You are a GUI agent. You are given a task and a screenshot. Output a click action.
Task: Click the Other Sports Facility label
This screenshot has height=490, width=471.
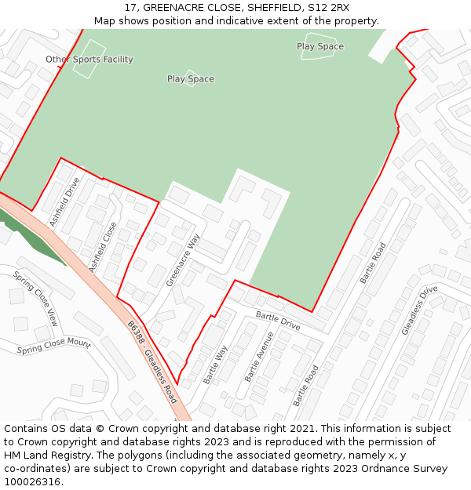89,60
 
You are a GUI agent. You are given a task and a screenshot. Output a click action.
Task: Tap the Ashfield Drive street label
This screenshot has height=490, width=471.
65,202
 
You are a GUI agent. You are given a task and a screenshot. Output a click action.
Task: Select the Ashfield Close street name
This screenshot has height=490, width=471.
103,248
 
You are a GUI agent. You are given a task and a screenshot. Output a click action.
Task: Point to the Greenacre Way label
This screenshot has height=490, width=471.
183,260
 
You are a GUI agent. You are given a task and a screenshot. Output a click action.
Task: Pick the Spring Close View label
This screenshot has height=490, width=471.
36,299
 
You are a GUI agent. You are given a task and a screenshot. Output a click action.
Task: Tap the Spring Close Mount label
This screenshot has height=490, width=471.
54,346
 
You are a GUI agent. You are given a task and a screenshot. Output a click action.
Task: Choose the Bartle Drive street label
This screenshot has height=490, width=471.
278,321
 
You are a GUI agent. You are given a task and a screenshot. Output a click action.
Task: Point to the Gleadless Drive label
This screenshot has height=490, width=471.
419,310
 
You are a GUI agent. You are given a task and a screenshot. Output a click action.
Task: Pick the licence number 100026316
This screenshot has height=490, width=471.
32,482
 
